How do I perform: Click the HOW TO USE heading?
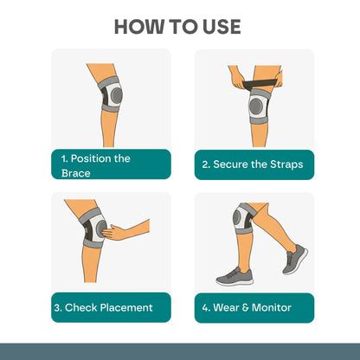(179, 26)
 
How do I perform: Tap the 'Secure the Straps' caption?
(253, 164)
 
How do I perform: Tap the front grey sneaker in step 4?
(234, 276)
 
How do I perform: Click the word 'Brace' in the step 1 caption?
(75, 172)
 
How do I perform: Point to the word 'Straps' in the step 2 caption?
(285, 164)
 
